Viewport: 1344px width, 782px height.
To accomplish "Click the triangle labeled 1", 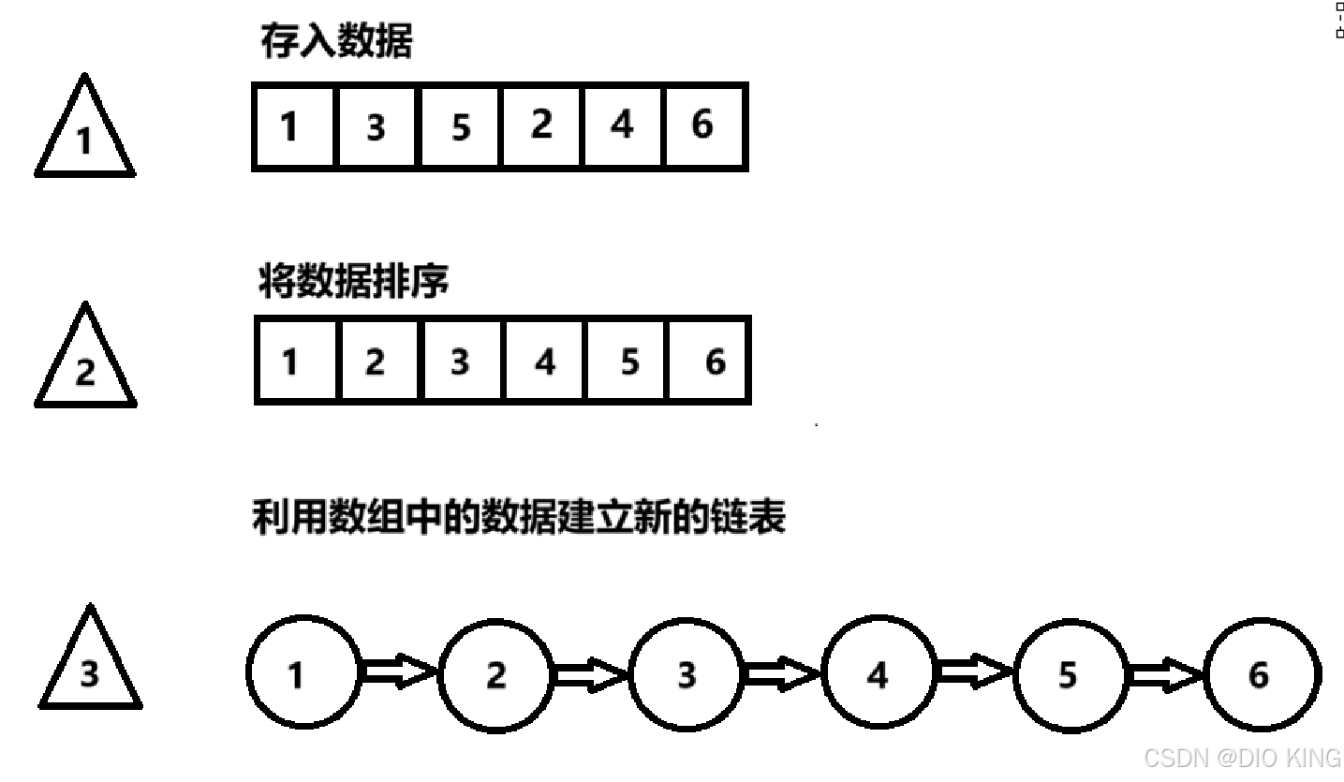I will point(84,136).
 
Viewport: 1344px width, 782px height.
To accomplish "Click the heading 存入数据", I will point(335,43).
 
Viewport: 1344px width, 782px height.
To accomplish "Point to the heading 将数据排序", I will point(353,281).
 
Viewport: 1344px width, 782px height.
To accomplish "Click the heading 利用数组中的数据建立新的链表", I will point(518,517).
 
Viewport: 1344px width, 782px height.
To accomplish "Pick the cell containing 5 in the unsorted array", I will point(460,126).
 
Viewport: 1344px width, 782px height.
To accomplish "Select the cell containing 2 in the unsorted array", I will point(541,126).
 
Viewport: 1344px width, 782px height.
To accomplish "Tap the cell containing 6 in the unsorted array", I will point(703,126).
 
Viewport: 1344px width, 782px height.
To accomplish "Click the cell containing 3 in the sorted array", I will point(460,361).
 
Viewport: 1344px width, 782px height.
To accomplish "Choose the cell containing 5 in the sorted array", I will point(629,361).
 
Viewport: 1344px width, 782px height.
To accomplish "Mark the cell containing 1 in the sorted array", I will point(291,361).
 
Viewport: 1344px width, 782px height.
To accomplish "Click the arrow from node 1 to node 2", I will point(399,672).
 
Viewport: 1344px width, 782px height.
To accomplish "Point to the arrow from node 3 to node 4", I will point(783,672).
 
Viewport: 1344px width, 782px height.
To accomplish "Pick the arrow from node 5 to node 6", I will point(1166,672).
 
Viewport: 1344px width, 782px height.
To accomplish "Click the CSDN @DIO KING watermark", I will point(1242,757).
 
